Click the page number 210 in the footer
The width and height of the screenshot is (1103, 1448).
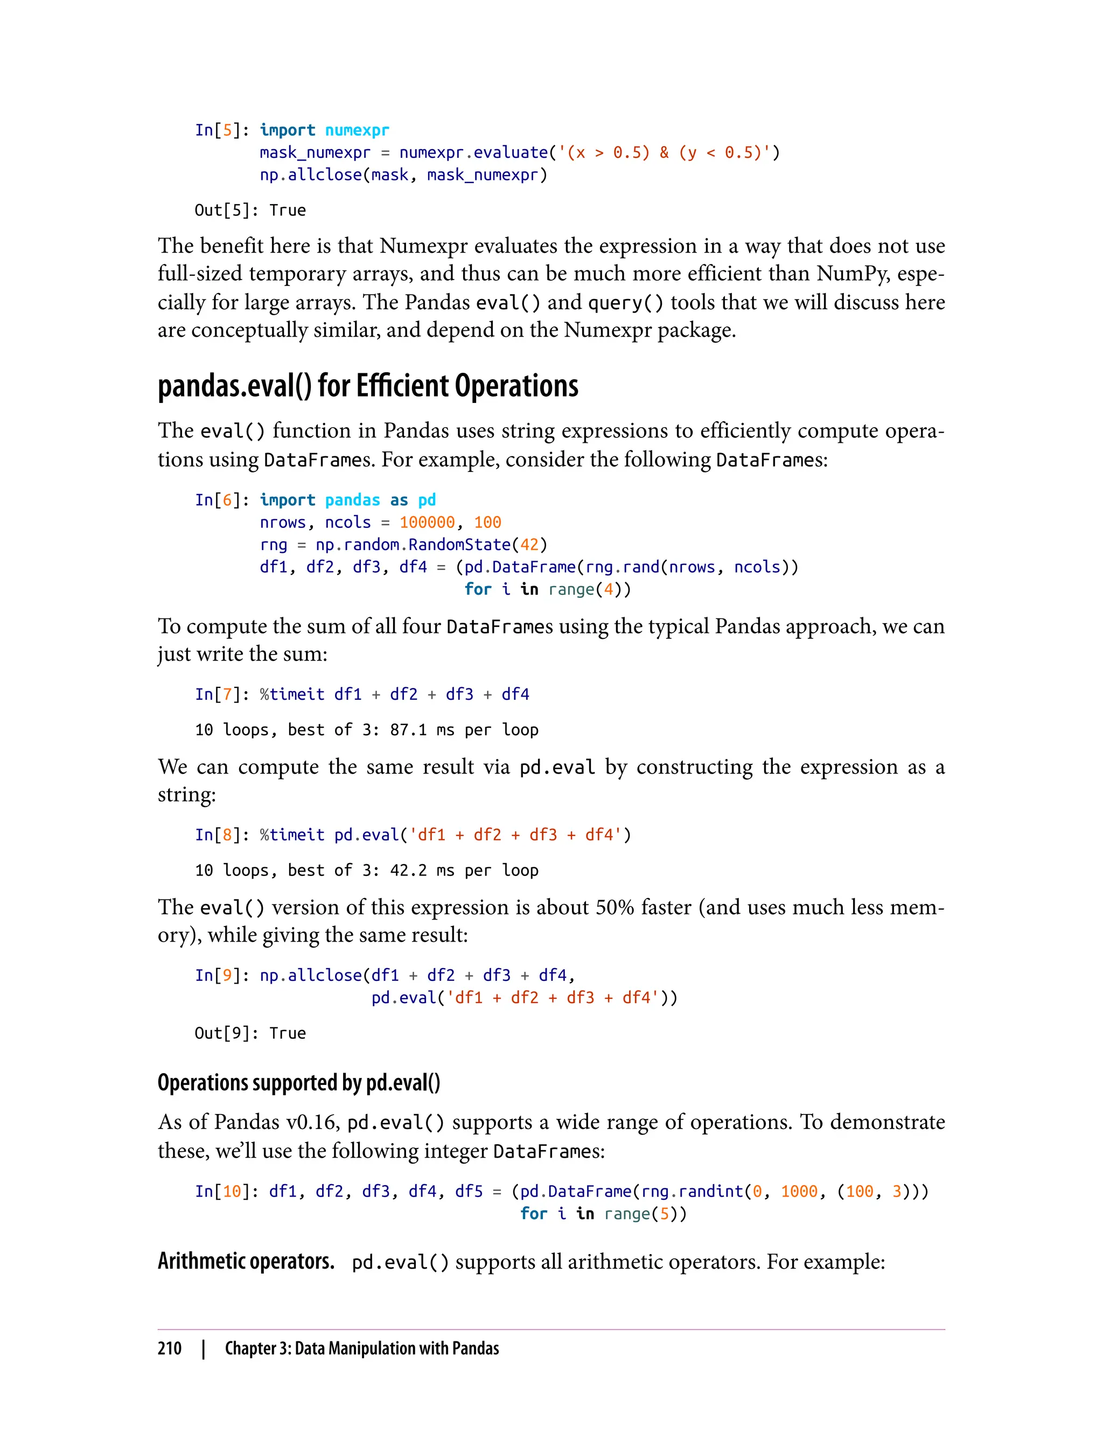(170, 1348)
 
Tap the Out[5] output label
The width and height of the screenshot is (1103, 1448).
(222, 210)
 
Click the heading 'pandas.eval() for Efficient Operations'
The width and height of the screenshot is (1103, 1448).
(368, 386)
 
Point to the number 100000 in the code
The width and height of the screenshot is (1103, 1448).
(427, 522)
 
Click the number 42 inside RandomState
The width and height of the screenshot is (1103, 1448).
(529, 545)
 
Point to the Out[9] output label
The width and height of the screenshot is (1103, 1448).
(222, 1033)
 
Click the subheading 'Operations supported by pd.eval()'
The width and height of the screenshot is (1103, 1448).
(299, 1083)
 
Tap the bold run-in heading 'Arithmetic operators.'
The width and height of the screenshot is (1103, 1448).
(246, 1262)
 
